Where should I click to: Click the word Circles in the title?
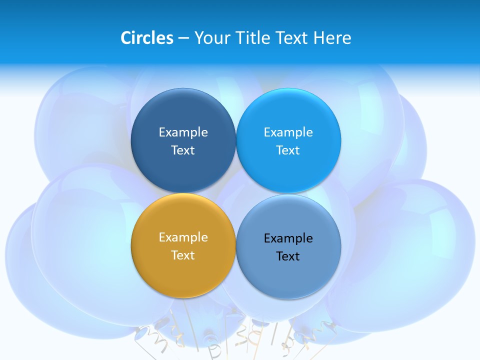146,38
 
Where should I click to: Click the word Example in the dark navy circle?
183,132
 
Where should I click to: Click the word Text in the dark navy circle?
183,150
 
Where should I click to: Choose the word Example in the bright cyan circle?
288,132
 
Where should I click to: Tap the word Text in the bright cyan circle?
288,150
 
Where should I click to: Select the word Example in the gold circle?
183,237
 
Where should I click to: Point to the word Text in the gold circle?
183,255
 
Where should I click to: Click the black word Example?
288,238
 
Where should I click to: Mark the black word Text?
288,256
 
